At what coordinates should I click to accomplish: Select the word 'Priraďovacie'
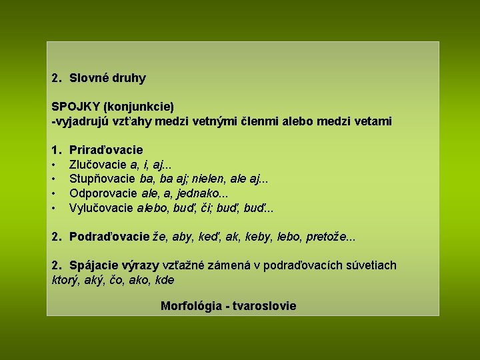[106, 150]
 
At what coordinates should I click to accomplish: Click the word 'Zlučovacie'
[99, 165]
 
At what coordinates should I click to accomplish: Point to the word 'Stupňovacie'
[103, 179]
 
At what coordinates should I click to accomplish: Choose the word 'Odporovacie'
[103, 193]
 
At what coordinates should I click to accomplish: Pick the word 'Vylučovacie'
[101, 208]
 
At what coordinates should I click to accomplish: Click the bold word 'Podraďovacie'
[109, 237]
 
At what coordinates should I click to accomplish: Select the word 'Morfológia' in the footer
[191, 306]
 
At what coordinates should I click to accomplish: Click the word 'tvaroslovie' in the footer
[265, 306]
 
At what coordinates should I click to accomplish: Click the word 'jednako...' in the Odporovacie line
[205, 193]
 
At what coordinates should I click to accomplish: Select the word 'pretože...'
[339, 237]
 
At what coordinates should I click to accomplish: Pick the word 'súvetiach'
[371, 265]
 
